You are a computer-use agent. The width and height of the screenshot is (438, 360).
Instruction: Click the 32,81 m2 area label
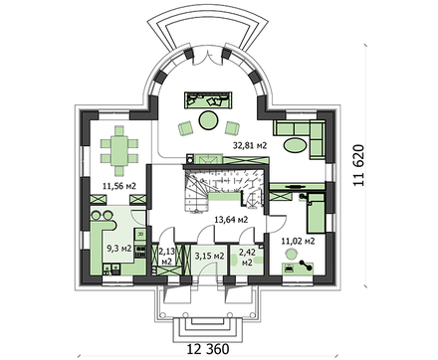(x=249, y=145)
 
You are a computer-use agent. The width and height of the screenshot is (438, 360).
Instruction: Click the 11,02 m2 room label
(x=300, y=241)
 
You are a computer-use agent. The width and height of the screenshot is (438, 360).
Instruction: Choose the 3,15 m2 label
(x=208, y=257)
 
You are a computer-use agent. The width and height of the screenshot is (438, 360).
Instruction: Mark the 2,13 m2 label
(x=166, y=258)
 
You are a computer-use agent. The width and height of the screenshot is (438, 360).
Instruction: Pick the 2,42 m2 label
(x=247, y=258)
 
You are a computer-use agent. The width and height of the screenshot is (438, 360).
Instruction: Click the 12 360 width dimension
(x=212, y=347)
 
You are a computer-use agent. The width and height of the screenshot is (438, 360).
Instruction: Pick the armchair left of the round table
(x=184, y=127)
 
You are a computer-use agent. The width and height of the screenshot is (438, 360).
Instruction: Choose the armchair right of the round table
(x=233, y=127)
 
